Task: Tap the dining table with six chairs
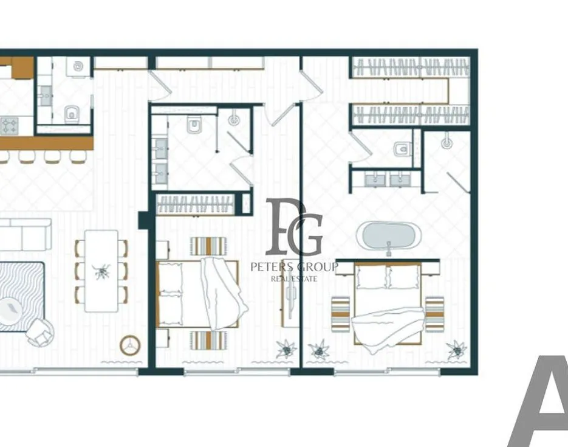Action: click(101, 271)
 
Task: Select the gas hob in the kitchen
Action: click(9, 126)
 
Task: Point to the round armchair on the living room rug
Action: click(41, 333)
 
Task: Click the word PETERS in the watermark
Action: click(272, 268)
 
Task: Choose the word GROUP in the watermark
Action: click(317, 268)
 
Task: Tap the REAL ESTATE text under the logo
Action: click(294, 279)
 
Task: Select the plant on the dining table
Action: click(102, 271)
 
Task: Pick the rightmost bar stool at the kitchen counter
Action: click(78, 157)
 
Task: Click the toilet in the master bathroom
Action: click(402, 149)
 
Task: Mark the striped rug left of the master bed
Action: click(341, 314)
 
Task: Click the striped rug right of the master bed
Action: click(435, 314)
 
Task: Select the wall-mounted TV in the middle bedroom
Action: click(290, 294)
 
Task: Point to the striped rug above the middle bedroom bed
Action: click(208, 246)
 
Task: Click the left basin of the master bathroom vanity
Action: click(375, 179)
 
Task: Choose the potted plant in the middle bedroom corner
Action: click(287, 348)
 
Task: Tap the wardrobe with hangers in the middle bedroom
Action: click(196, 204)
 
